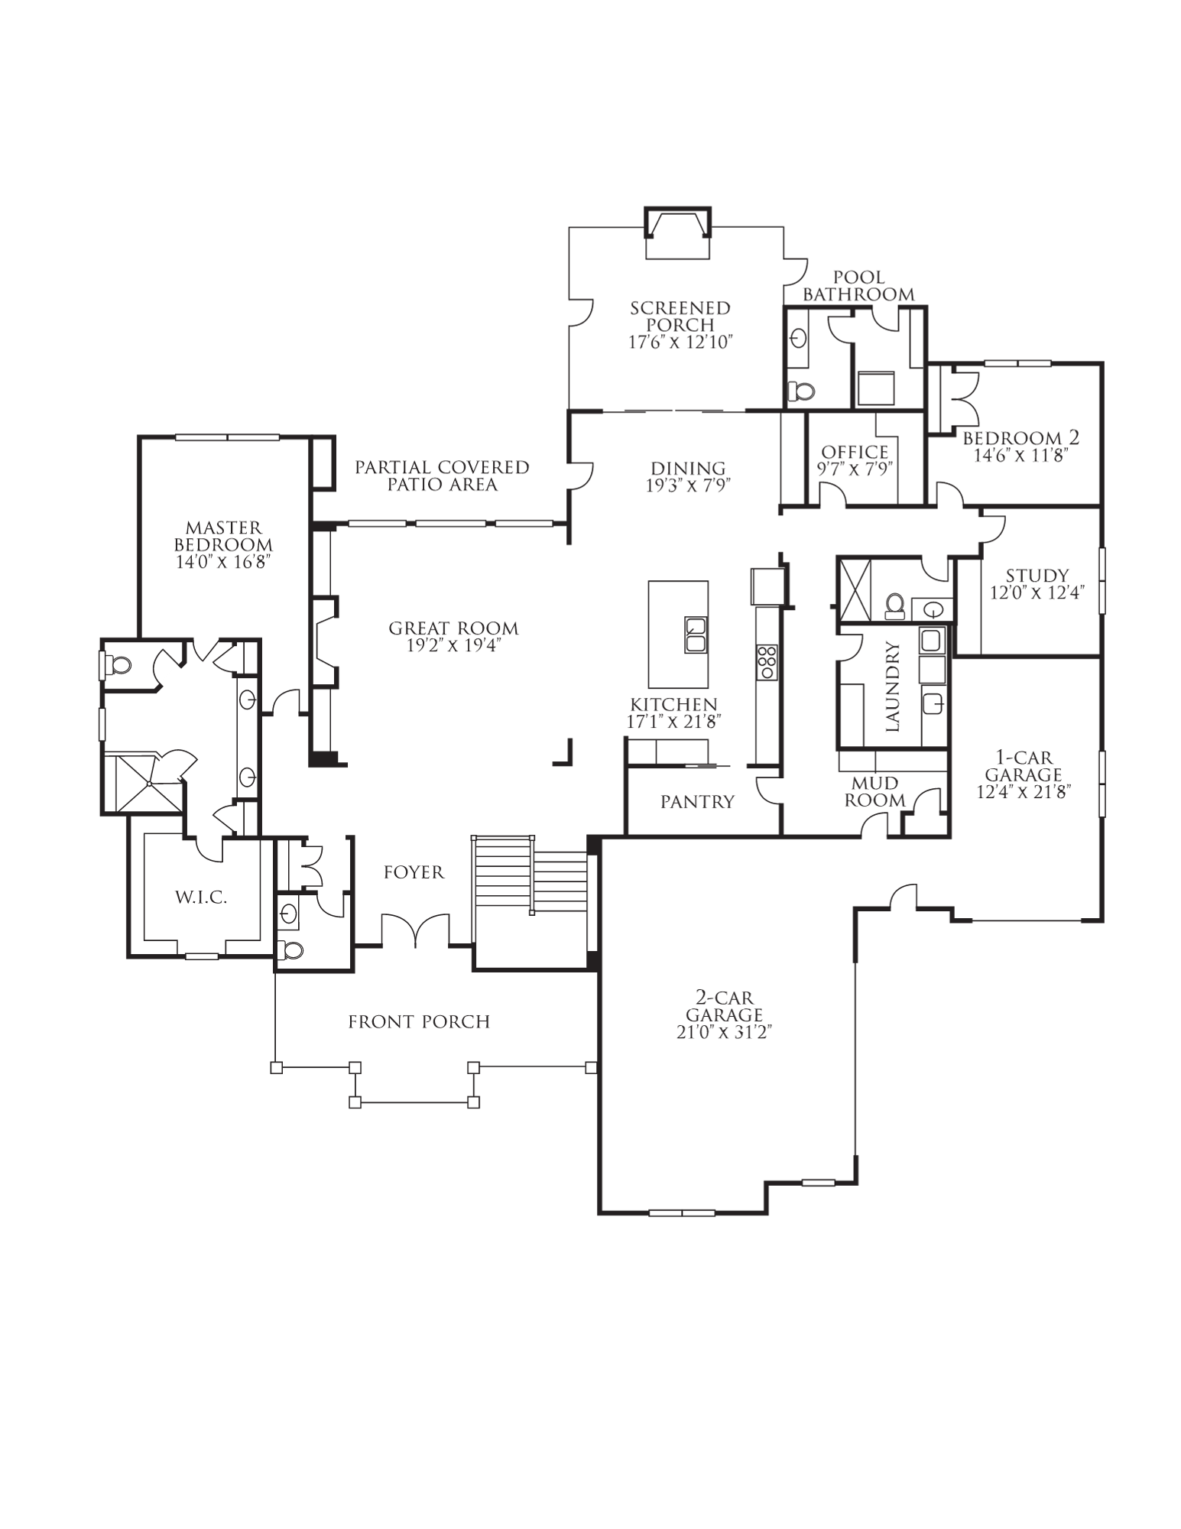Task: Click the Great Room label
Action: click(453, 628)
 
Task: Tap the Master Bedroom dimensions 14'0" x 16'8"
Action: click(223, 563)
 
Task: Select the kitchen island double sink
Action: click(696, 635)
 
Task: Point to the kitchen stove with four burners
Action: click(767, 662)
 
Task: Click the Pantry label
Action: click(697, 801)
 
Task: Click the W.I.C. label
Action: click(201, 898)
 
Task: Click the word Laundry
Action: click(893, 687)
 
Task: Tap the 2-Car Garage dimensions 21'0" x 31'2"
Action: click(724, 1032)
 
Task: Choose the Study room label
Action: click(1037, 576)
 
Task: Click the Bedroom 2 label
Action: click(1020, 438)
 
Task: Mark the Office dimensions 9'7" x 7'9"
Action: click(855, 469)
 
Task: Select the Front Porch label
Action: click(419, 1022)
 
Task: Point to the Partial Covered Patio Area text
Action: click(442, 476)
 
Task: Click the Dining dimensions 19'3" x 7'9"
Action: click(688, 485)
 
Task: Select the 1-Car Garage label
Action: click(1023, 766)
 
